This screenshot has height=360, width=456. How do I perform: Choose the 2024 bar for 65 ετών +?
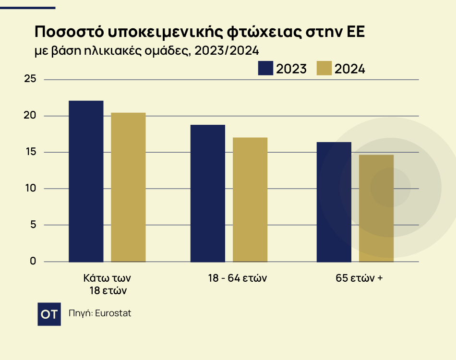click(x=376, y=208)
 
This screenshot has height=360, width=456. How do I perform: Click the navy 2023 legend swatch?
click(x=265, y=68)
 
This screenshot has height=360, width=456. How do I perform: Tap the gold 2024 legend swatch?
click(x=324, y=68)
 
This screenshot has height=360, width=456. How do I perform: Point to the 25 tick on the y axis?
click(x=30, y=79)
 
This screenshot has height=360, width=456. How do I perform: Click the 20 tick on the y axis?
click(x=30, y=116)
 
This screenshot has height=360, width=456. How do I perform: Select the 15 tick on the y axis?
click(x=30, y=152)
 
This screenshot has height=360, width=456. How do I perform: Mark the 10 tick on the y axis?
click(x=30, y=188)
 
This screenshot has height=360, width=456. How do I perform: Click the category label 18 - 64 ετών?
click(x=237, y=278)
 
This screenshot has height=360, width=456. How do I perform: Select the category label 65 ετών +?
click(x=359, y=278)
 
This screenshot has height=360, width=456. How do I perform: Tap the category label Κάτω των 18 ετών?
click(x=107, y=284)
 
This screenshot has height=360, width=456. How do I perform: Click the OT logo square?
click(x=49, y=314)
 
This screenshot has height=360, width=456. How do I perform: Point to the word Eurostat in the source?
click(x=113, y=313)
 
